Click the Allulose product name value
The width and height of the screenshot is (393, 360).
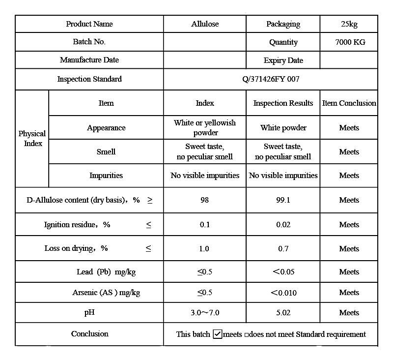click(x=205, y=24)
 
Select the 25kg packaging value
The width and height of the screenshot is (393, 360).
click(x=349, y=24)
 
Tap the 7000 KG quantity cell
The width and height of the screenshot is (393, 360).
click(x=350, y=42)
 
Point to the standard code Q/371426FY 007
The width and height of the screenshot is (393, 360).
click(x=271, y=79)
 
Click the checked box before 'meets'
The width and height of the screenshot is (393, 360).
click(x=218, y=334)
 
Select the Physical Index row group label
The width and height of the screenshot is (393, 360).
click(x=32, y=138)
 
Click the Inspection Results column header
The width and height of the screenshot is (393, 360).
click(x=283, y=103)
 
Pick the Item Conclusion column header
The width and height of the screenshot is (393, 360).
click(x=349, y=103)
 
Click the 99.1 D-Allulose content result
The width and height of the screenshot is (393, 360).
click(x=283, y=200)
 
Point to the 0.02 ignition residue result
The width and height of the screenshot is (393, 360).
click(x=283, y=224)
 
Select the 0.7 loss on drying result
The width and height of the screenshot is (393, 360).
click(x=283, y=248)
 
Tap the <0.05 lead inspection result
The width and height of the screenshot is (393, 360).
click(x=283, y=271)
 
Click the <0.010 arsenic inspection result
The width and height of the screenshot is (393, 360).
click(x=283, y=293)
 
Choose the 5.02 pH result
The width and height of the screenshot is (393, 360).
click(x=283, y=312)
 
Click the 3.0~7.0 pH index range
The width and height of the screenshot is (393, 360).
click(x=205, y=312)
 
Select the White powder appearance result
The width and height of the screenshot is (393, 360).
click(x=283, y=127)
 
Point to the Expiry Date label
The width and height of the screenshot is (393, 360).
click(x=283, y=60)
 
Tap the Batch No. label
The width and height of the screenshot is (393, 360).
click(x=89, y=42)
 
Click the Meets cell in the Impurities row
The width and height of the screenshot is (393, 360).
click(x=349, y=175)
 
